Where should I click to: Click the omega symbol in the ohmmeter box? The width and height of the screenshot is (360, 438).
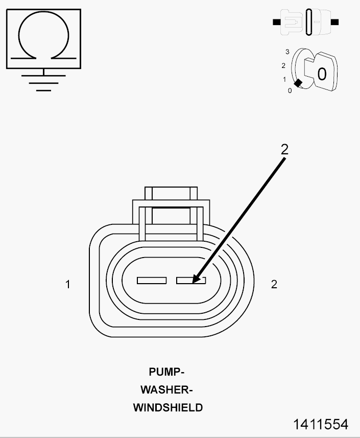(x=43, y=13)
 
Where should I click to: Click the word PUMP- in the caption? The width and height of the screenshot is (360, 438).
(x=166, y=372)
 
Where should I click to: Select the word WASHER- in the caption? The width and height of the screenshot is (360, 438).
(x=166, y=389)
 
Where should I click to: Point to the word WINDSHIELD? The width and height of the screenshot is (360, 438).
(x=168, y=407)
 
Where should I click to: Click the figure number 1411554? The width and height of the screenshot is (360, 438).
(x=321, y=424)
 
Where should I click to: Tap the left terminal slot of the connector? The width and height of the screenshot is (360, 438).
(x=152, y=281)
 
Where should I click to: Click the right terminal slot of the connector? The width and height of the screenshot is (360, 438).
(x=191, y=281)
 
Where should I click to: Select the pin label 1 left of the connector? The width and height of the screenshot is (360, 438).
(x=68, y=284)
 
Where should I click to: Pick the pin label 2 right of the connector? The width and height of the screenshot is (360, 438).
(x=274, y=284)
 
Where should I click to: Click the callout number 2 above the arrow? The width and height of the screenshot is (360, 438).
(x=284, y=149)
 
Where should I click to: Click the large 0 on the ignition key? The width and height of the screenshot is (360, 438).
(x=322, y=74)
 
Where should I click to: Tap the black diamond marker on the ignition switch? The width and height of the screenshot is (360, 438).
(x=298, y=83)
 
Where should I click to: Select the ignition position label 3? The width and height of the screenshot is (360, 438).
(x=287, y=52)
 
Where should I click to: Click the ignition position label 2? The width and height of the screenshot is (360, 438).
(x=283, y=65)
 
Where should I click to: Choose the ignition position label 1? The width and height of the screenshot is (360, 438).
(x=284, y=80)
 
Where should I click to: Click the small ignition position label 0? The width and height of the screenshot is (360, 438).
(x=290, y=91)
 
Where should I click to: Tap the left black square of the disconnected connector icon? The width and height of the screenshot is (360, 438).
(x=277, y=22)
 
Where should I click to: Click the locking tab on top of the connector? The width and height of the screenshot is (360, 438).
(x=171, y=193)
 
